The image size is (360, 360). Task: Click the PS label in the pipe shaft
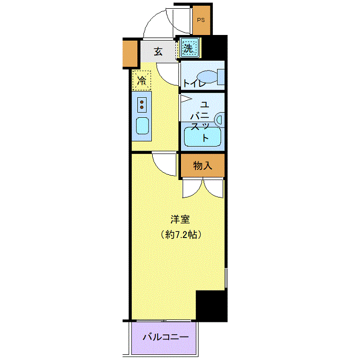[x=201, y=20]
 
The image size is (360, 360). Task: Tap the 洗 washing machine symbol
[x=190, y=48]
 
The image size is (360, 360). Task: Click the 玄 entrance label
[x=158, y=51]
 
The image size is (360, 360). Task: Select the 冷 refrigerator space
[x=141, y=80]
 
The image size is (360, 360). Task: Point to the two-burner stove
[x=142, y=105]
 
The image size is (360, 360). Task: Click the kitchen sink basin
[x=142, y=126]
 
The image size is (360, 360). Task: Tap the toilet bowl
[x=207, y=77]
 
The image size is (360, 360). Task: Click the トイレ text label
[x=194, y=83]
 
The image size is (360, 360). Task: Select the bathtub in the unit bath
[x=203, y=136]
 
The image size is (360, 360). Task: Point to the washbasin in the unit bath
[x=220, y=120]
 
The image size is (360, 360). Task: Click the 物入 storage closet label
[x=203, y=166]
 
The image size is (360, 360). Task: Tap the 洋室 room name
[x=180, y=219]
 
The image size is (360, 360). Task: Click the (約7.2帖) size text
[x=181, y=235]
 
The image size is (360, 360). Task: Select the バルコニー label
[x=166, y=337]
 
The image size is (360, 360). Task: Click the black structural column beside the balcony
[x=211, y=306]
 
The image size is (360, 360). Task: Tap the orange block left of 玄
[x=130, y=53]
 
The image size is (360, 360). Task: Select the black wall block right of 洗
[x=214, y=47]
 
